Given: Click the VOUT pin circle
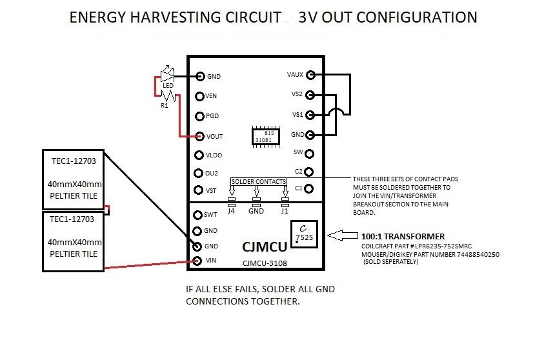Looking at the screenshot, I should click(201, 136).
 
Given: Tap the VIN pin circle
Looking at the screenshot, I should click(199, 261).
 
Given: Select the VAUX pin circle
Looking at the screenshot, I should click(310, 75).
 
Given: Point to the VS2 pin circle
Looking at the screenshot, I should click(310, 95).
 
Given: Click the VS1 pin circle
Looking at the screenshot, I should click(310, 115).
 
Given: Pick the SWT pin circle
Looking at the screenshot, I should click(198, 215).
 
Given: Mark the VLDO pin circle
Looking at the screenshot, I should click(199, 155).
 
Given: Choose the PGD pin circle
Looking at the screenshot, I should click(200, 116).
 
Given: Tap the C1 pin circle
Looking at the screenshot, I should click(310, 188).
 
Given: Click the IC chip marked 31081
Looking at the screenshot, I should click(265, 136).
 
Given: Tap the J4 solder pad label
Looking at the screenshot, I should click(232, 210).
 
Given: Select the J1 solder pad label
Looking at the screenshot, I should click(285, 210).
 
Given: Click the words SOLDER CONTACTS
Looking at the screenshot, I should click(258, 183).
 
